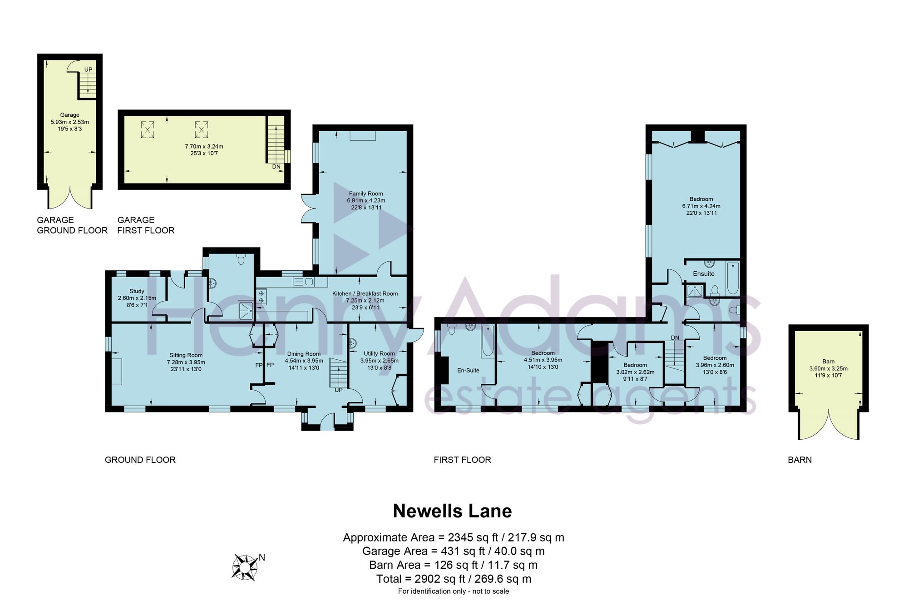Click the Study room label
(x=137, y=291)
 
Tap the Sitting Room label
(x=186, y=355)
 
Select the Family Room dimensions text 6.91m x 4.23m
(x=366, y=200)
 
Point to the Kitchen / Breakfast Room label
(x=365, y=293)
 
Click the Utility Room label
(x=379, y=353)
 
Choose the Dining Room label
(x=304, y=354)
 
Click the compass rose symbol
(x=245, y=567)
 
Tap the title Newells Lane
(x=452, y=511)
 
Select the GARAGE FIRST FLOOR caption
(x=146, y=225)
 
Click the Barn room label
(x=829, y=362)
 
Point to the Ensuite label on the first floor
(x=704, y=273)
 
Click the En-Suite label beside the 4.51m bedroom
(x=468, y=370)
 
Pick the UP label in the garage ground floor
(x=88, y=70)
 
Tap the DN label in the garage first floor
(x=276, y=167)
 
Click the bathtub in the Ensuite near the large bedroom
(x=733, y=278)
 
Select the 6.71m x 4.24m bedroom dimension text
(x=701, y=206)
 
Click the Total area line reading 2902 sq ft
(x=454, y=579)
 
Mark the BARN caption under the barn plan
(x=800, y=460)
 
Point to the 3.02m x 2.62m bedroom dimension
(x=635, y=372)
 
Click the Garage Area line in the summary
(x=453, y=551)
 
